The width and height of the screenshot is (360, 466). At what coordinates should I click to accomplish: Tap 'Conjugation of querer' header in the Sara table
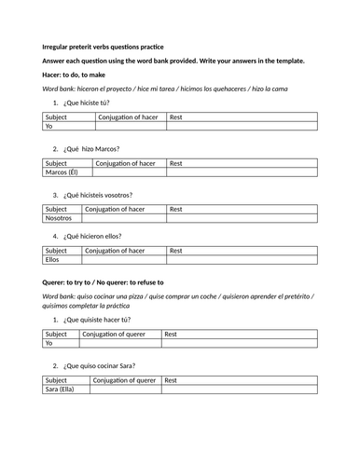pos(125,380)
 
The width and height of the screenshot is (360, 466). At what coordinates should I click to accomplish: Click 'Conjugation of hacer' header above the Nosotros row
pos(119,210)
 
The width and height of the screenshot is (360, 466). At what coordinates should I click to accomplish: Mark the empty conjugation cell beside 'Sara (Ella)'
pos(125,389)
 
